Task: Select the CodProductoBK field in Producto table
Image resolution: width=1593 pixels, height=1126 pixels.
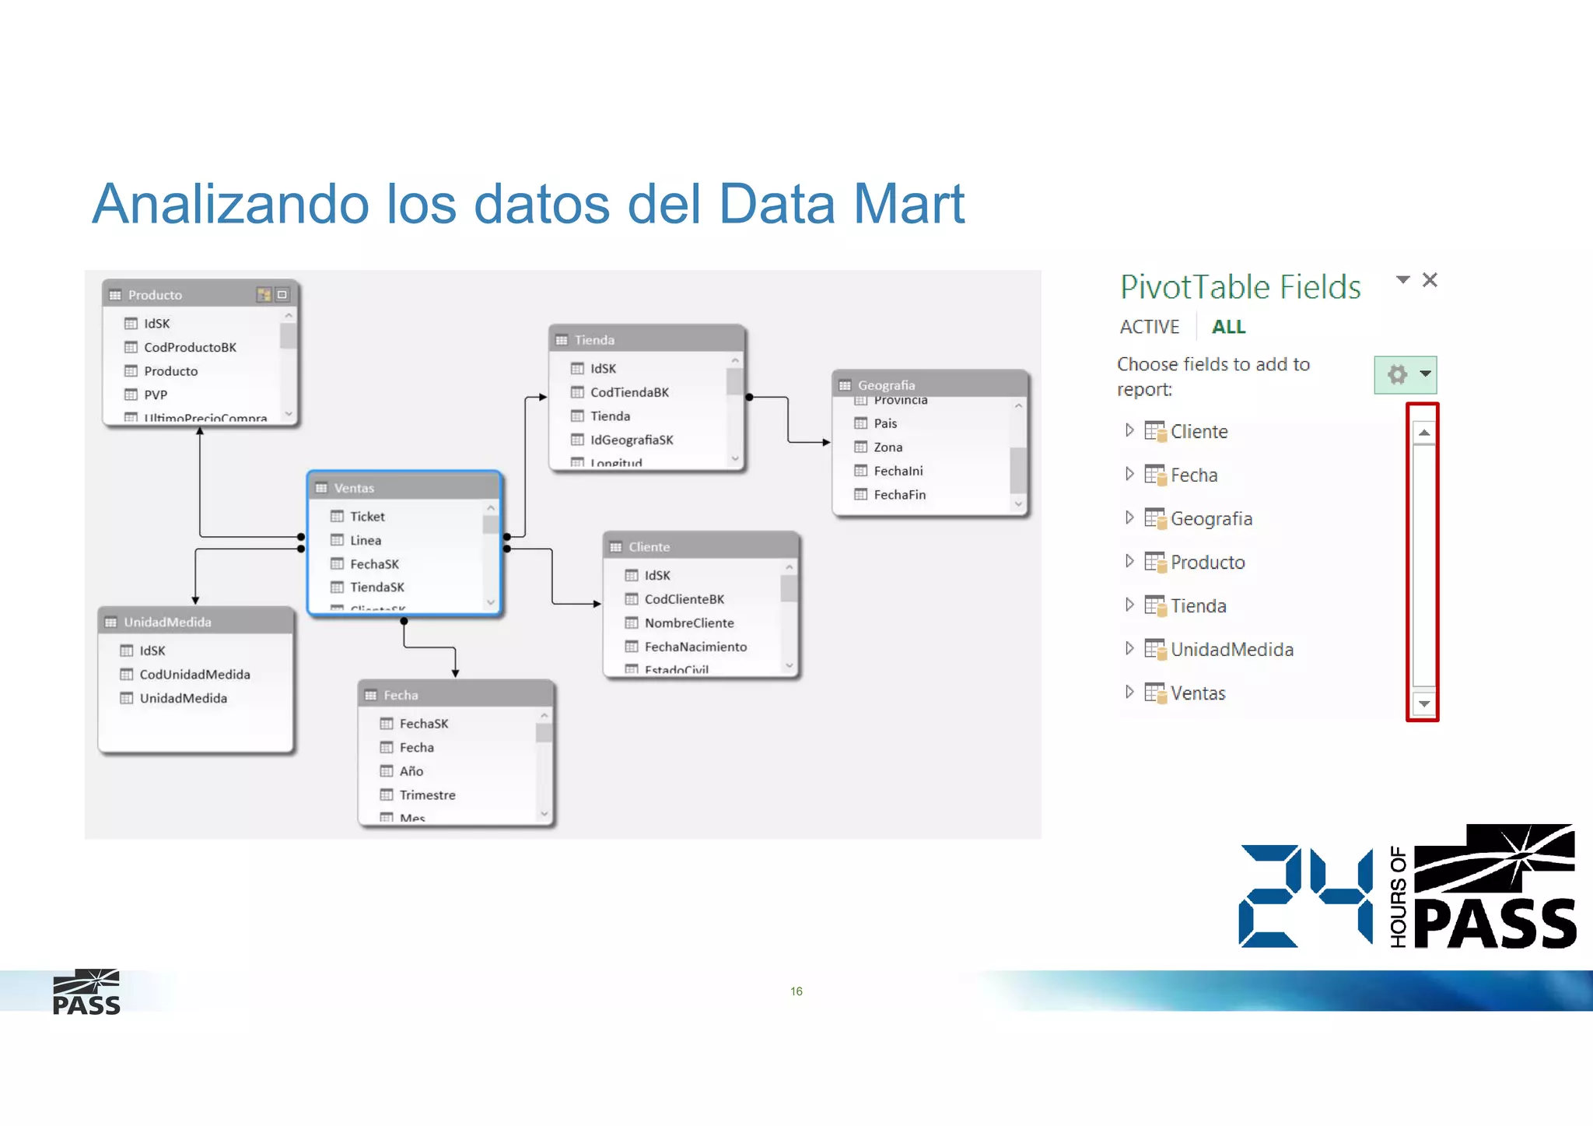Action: tap(190, 347)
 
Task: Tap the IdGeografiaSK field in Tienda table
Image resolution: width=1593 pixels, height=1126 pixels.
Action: tap(632, 440)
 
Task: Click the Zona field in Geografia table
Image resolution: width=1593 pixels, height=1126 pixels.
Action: tap(888, 447)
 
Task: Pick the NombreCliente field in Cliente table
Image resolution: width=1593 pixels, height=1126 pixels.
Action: tap(688, 623)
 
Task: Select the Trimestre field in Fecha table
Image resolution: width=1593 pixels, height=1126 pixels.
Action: tap(427, 795)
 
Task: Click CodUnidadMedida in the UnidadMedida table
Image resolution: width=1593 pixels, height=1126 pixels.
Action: tap(194, 674)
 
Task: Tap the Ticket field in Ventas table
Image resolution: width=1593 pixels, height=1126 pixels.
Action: tap(367, 516)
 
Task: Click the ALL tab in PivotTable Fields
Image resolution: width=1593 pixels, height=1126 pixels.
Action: tap(1228, 327)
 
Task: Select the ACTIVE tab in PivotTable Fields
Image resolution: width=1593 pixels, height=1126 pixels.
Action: tap(1149, 327)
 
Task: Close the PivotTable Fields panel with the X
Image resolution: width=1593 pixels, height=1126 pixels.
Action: tap(1430, 280)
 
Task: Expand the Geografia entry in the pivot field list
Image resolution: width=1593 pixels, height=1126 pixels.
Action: tap(1129, 518)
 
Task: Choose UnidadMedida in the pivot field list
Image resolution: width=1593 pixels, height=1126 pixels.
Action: tap(1231, 649)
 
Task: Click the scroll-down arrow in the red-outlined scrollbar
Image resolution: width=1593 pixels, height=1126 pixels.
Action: tap(1424, 704)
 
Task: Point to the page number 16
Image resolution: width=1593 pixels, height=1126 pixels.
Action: tap(796, 991)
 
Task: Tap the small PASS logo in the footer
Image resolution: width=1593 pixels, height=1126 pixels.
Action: tap(86, 993)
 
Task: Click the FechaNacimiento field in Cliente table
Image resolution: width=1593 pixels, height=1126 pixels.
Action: tap(695, 646)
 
